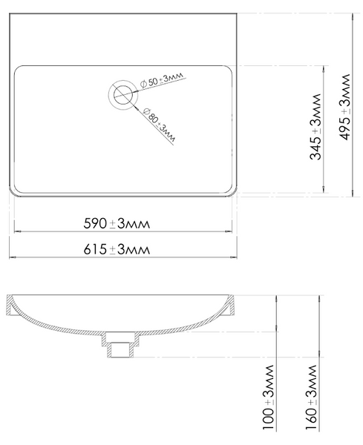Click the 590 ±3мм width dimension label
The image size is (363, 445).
click(117, 224)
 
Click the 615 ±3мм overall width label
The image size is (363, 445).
click(117, 250)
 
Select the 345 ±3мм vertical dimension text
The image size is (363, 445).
click(315, 127)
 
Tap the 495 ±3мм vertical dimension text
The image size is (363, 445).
click(345, 107)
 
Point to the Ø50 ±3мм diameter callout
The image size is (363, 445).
click(162, 79)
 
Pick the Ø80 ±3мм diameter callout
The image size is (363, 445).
click(160, 125)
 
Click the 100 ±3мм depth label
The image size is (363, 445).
click(269, 398)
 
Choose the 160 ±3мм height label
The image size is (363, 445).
click(311, 398)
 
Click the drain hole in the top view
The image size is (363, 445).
click(122, 94)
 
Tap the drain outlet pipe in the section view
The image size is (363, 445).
click(121, 349)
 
